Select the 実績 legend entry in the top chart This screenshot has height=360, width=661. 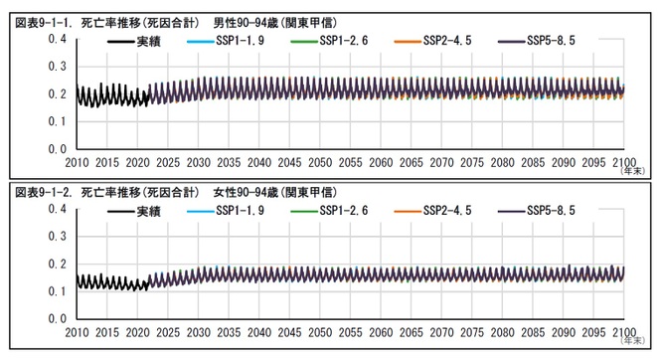click(150, 42)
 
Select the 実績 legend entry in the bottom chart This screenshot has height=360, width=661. click(150, 212)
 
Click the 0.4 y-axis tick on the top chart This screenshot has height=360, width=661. click(57, 39)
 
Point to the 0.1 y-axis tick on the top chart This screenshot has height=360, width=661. click(57, 121)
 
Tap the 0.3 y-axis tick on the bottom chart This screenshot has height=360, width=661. click(57, 237)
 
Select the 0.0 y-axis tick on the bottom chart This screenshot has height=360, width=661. click(57, 319)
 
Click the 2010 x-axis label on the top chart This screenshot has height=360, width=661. click(77, 162)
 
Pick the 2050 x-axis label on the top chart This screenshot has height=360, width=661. click(320, 162)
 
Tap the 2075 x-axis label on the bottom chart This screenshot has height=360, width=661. click(472, 332)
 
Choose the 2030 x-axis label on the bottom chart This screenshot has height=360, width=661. click(199, 332)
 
